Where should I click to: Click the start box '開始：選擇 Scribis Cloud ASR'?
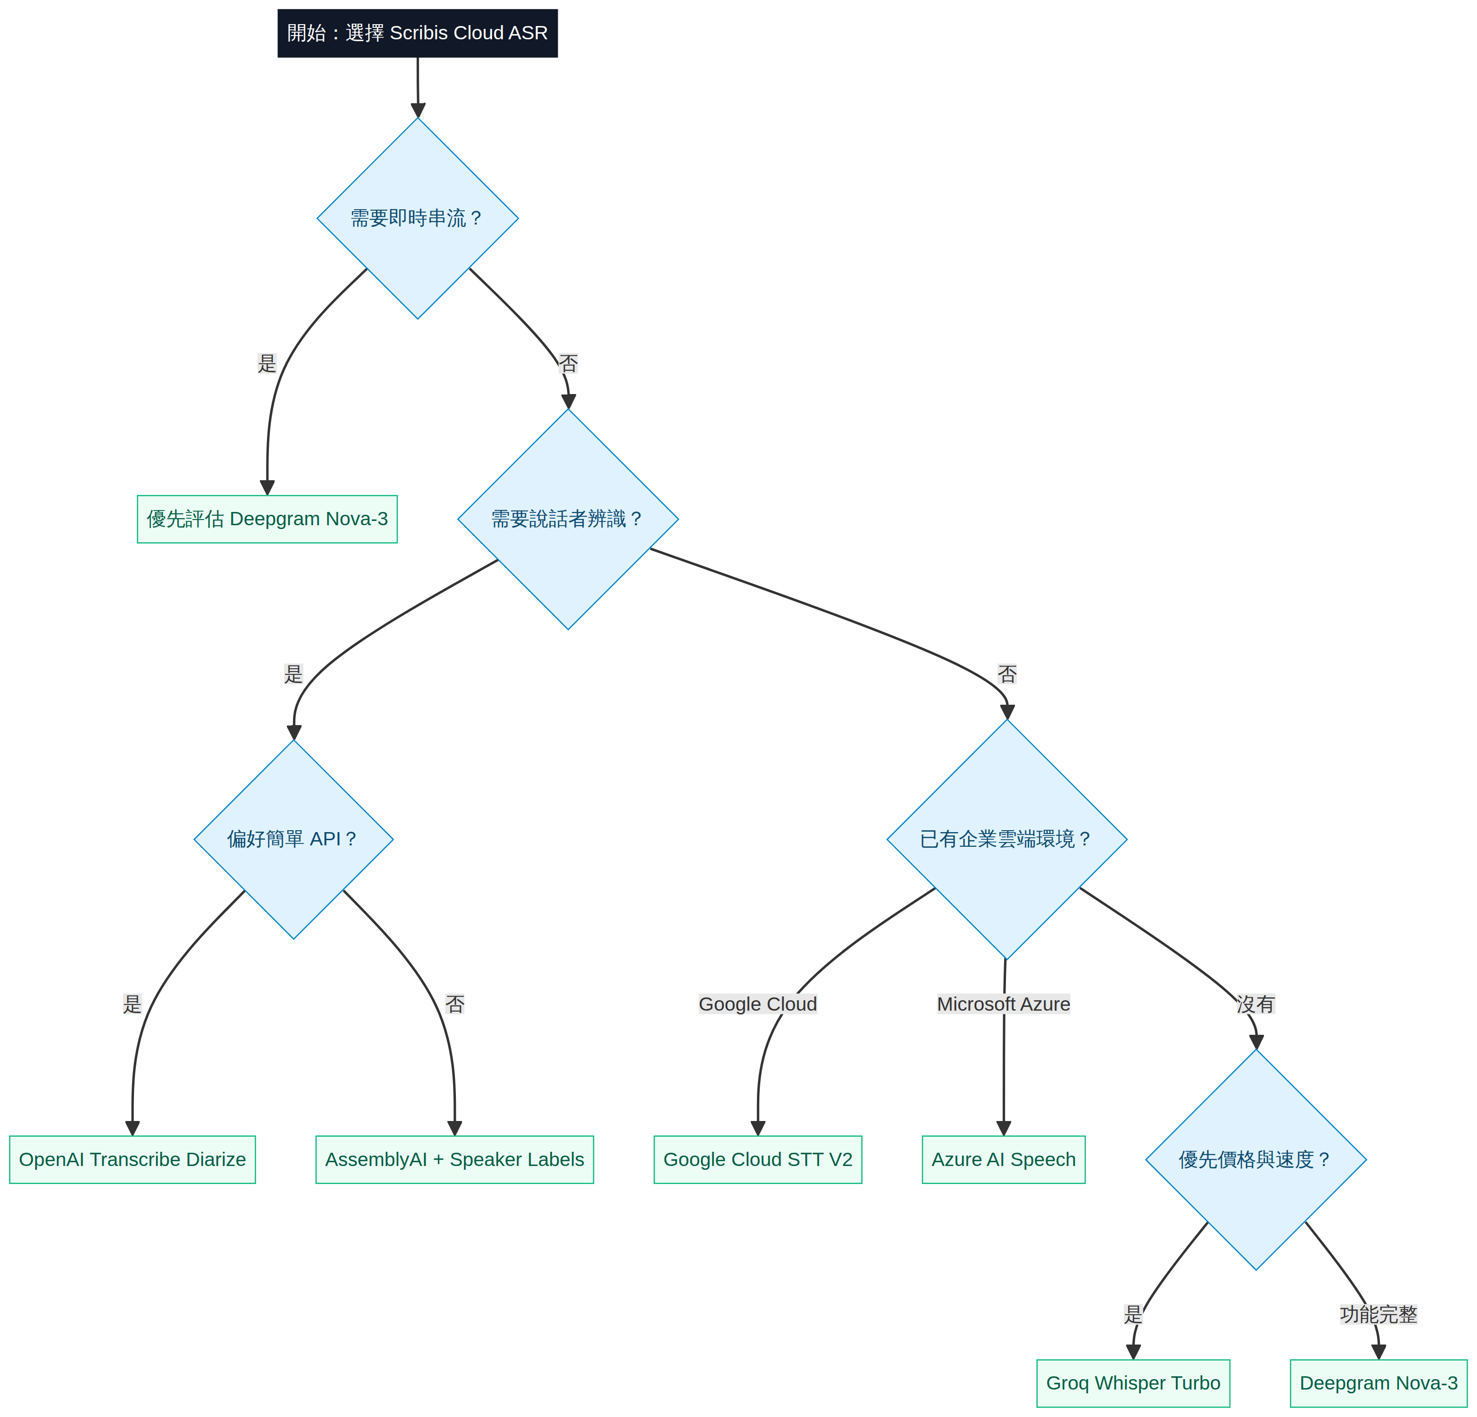(418, 33)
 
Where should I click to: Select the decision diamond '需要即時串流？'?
(418, 219)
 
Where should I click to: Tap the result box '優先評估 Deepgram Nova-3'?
(267, 520)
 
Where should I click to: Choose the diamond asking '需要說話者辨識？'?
(568, 520)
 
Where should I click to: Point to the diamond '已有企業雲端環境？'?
(1007, 840)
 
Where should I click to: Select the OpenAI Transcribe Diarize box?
(133, 1160)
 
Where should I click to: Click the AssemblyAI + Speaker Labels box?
(454, 1160)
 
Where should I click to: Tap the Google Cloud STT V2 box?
(758, 1160)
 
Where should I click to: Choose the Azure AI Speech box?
(1004, 1160)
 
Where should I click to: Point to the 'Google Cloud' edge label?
(758, 1004)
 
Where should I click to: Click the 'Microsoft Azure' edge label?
(1004, 1004)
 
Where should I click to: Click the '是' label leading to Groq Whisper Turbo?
(1133, 1315)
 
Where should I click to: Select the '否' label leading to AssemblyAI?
(455, 1004)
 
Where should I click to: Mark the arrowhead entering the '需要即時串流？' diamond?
(418, 111)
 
